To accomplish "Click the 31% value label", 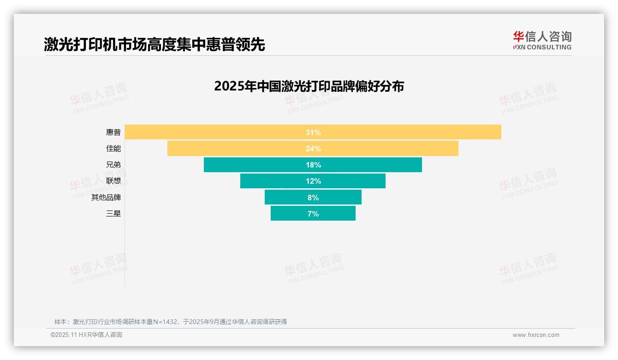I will point(313,132).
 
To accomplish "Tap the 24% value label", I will point(313,149).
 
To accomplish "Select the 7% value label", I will point(313,214).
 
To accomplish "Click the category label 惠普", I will point(113,132).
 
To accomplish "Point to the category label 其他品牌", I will point(106,198).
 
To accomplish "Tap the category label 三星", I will point(113,214).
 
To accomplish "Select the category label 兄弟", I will point(113,165).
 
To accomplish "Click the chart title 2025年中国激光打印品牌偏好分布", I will point(309,86).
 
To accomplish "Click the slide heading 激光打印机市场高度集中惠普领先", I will point(154,44).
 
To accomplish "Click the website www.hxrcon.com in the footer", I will point(536,335).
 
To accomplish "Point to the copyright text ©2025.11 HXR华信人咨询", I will point(86,335).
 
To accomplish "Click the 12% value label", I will point(313,181).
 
